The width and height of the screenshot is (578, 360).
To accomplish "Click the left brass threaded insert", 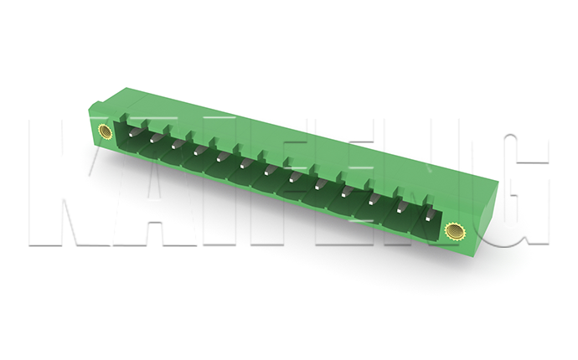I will (105, 131).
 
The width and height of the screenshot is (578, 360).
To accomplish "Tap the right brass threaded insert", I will (453, 229).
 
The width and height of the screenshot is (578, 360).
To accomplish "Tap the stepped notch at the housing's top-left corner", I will (95, 106).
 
